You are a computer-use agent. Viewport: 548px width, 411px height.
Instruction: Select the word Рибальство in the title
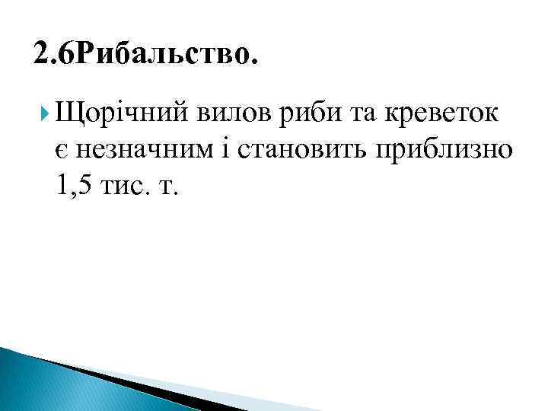tap(168, 56)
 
